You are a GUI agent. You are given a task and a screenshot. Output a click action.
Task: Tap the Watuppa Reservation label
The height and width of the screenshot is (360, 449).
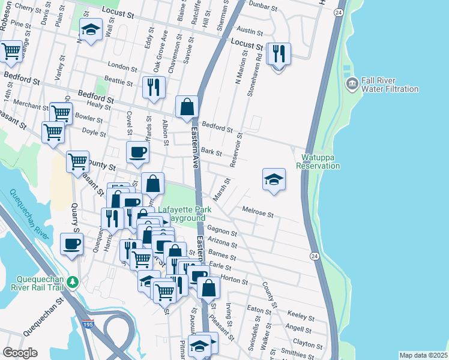pyautogui.click(x=316, y=161)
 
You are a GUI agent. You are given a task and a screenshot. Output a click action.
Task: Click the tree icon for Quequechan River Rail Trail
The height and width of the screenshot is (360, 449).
pyautogui.click(x=73, y=282)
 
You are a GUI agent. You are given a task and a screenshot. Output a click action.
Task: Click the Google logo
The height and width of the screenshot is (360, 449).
pyautogui.click(x=20, y=353)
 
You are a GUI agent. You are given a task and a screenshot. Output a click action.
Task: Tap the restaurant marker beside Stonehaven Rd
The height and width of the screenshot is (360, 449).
pyautogui.click(x=278, y=54)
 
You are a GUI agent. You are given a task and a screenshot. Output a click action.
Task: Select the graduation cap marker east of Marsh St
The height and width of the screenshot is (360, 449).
pyautogui.click(x=274, y=179)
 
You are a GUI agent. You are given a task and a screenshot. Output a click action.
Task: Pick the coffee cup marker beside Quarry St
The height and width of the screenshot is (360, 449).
pyautogui.click(x=72, y=245)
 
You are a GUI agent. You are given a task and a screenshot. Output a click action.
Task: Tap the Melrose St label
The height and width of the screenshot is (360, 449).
pyautogui.click(x=258, y=212)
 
